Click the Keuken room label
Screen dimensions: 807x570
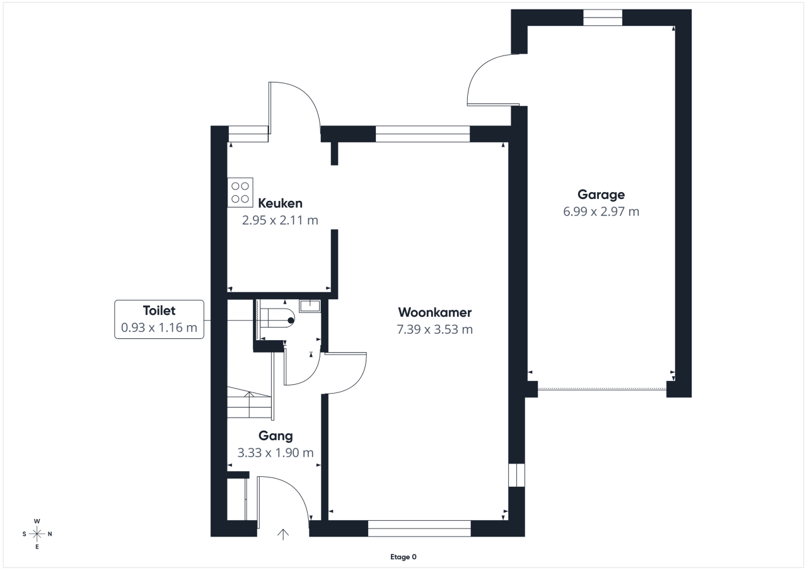pos(280,203)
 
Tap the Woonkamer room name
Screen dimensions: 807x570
pos(435,312)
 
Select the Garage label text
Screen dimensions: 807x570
pos(601,195)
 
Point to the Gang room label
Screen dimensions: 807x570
pos(276,436)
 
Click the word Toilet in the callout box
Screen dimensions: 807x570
pos(160,311)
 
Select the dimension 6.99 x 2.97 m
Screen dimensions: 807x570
pos(601,212)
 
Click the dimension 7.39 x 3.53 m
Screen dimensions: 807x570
pos(435,329)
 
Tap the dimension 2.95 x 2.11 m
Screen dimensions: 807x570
pos(280,220)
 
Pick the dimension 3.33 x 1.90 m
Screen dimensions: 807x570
pos(276,453)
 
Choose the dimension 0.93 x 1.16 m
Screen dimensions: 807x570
pos(160,328)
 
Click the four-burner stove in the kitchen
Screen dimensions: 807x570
pos(240,193)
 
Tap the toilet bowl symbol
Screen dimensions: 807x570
pos(277,317)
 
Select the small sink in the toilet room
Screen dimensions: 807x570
pos(310,306)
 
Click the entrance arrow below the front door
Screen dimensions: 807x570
pos(283,534)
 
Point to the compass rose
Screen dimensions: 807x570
pos(37,533)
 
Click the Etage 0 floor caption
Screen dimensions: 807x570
pos(403,557)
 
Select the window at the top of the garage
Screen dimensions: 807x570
pos(603,17)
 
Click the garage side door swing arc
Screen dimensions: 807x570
pos(477,71)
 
